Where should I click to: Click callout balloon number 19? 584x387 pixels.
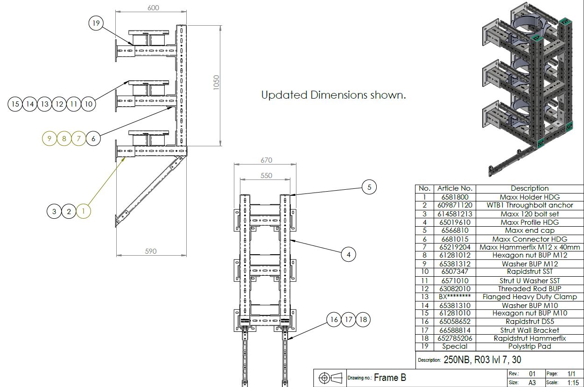[x=96, y=23]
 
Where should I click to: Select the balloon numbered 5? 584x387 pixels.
[x=369, y=187]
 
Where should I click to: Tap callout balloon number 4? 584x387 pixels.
[x=348, y=255]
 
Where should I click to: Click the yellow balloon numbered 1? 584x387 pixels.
[x=84, y=212]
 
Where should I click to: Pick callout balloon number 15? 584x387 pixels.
[x=15, y=104]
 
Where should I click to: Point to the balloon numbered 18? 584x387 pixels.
[x=364, y=320]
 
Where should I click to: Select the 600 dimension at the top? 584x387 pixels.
[x=153, y=7]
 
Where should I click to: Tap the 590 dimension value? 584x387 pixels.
[x=150, y=251]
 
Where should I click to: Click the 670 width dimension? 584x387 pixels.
[x=266, y=160]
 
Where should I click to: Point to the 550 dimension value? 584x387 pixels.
[x=266, y=176]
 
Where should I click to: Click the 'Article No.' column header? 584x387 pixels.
[x=455, y=188]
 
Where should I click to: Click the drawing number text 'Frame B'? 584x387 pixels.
[x=390, y=378]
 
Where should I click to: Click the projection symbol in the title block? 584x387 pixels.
[x=330, y=378]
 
